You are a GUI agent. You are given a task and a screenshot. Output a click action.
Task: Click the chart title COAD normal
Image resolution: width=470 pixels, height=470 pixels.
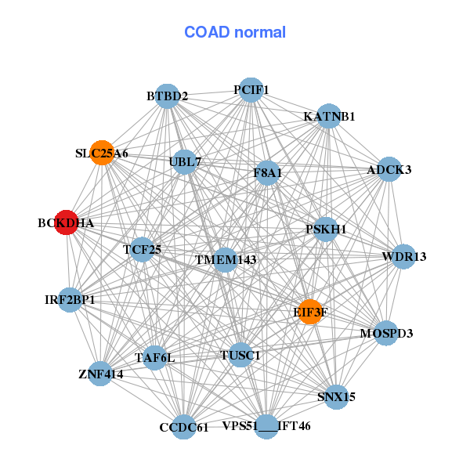[235, 32]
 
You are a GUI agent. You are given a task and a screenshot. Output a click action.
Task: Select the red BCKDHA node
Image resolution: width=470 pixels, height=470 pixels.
[67, 222]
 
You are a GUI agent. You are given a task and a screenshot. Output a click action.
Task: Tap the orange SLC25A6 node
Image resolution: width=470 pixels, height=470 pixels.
[102, 153]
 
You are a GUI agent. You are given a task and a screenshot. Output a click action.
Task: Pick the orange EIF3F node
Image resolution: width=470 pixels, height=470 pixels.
[310, 311]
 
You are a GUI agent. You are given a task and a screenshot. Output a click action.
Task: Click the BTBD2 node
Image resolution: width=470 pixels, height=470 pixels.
[166, 96]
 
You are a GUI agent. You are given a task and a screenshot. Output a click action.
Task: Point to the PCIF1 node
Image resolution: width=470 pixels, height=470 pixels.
[251, 90]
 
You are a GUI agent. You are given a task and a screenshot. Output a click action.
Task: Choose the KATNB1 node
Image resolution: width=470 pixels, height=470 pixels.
[328, 116]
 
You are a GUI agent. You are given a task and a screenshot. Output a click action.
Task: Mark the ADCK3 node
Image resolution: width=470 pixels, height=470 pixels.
[389, 169]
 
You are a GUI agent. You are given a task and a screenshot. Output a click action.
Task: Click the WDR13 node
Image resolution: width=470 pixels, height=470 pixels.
[403, 256]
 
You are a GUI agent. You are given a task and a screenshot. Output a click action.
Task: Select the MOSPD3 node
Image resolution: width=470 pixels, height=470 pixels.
[385, 333]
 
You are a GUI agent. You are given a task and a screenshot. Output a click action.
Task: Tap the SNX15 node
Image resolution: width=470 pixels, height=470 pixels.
[335, 396]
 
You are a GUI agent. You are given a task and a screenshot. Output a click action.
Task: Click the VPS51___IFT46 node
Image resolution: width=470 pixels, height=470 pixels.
[266, 426]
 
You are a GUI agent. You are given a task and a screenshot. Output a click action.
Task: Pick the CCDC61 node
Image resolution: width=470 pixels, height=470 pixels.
[183, 427]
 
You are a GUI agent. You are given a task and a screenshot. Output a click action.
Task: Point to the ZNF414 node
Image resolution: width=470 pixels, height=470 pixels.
[100, 374]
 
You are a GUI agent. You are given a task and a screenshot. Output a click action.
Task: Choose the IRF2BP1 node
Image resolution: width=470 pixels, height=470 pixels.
[70, 299]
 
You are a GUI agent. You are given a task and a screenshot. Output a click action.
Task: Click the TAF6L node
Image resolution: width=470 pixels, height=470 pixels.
[154, 358]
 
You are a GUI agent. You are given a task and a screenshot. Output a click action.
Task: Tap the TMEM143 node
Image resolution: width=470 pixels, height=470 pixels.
[225, 259]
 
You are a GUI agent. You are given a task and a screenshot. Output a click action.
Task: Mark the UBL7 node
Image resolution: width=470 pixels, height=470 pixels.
[185, 162]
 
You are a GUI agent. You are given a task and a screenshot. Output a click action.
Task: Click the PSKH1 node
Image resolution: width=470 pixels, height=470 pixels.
[325, 229]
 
